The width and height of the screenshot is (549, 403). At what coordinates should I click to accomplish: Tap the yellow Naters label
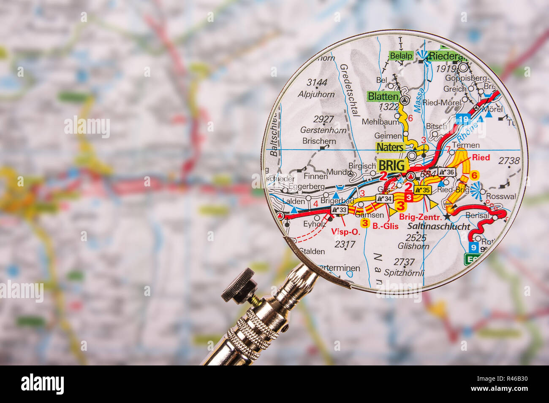coord(390,147)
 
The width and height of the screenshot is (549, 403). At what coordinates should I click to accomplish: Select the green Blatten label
coord(383,96)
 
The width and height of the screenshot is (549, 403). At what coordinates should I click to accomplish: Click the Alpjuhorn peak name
coord(316,94)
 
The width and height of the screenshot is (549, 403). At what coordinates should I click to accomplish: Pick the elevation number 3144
coord(317,82)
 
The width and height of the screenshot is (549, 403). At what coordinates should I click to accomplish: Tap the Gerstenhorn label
coord(323,130)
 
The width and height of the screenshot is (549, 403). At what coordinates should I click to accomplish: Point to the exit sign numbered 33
coord(340,209)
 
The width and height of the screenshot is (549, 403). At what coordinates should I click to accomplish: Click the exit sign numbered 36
coord(447,172)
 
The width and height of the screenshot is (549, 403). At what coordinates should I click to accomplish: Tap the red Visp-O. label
coord(345,231)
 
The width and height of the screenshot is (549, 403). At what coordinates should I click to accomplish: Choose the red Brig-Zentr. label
coord(420,217)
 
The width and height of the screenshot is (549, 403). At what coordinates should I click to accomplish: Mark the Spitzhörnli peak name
coord(404,273)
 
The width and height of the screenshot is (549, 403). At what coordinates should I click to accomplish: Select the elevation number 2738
coord(508,161)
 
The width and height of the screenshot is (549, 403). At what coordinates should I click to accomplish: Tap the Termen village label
coord(465,145)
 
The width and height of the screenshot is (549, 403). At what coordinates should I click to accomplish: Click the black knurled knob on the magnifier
coord(239,285)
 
